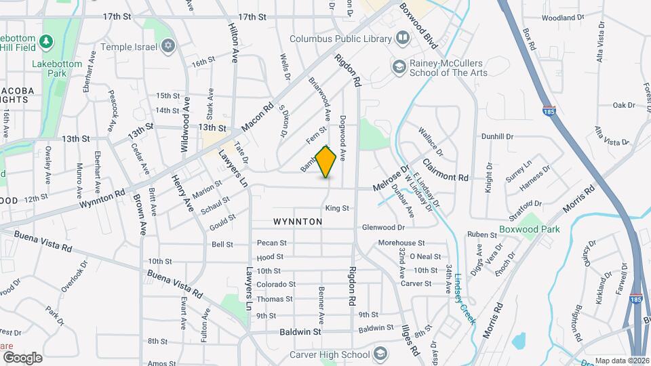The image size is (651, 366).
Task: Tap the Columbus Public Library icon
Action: coord(403,39)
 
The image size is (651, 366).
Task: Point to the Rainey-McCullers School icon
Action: coord(398,66)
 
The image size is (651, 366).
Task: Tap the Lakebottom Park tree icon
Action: coord(46,42)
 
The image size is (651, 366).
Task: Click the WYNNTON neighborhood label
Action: coord(298,222)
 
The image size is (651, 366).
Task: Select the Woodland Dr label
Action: coord(563,18)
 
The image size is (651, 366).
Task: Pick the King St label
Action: coord(336,208)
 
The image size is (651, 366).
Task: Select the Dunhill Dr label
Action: coord(498,137)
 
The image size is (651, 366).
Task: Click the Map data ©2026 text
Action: coord(621,361)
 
